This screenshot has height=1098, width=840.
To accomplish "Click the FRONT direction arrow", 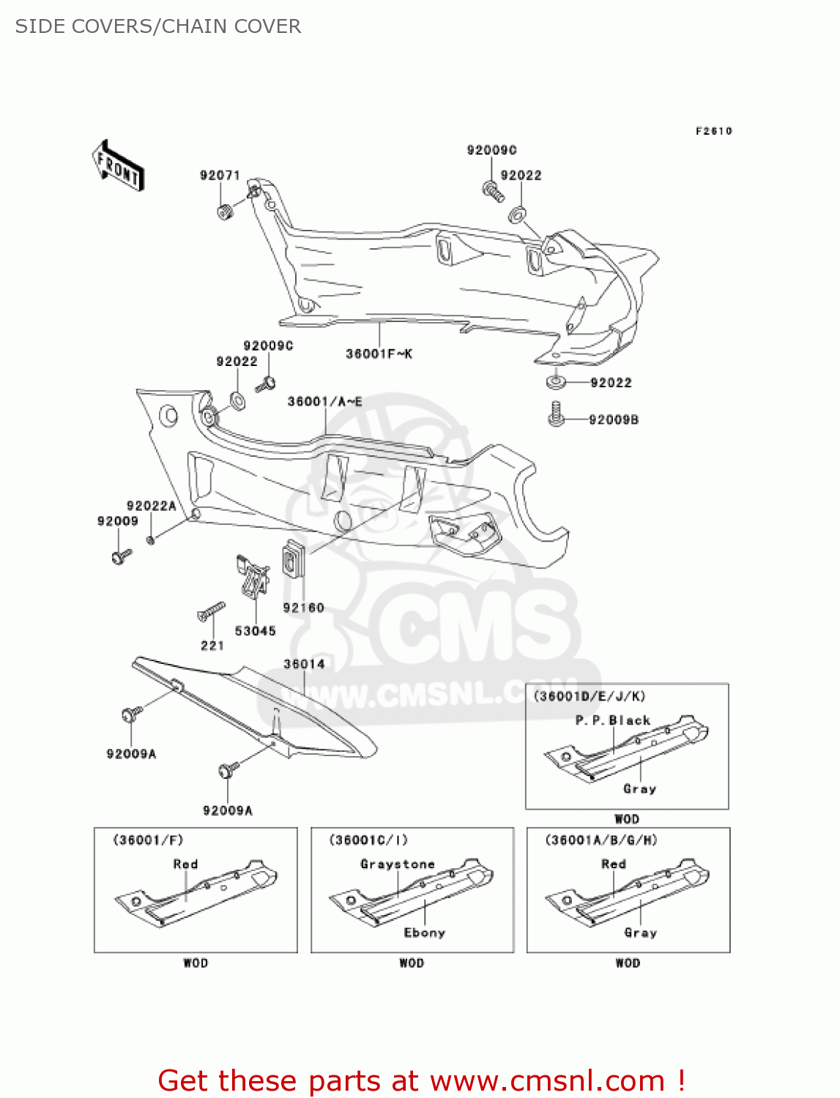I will (x=118, y=166).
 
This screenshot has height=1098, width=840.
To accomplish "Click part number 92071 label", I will (x=220, y=176).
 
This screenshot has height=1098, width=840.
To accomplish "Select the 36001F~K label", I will (x=379, y=354).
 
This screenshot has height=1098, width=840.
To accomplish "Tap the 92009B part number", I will (x=614, y=420).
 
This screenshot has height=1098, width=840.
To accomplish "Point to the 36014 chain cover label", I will (x=304, y=665).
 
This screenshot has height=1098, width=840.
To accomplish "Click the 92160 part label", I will (x=303, y=608).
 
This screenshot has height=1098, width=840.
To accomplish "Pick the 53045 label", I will (x=255, y=631).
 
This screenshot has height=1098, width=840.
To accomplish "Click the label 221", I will (x=212, y=646).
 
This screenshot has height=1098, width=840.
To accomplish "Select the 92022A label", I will (x=151, y=507).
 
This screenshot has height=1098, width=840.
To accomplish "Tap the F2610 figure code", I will (x=713, y=131).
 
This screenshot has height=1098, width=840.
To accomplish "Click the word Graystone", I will (x=398, y=864).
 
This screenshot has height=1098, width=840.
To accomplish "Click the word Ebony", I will (x=425, y=933).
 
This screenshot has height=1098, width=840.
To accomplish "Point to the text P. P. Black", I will (x=613, y=720).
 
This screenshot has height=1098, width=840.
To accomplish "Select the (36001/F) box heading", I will (x=148, y=840).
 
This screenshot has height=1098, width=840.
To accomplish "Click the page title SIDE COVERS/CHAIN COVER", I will (x=158, y=26).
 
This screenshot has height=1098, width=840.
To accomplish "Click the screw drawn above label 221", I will (x=211, y=611).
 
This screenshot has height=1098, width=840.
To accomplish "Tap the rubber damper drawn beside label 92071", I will (x=224, y=212).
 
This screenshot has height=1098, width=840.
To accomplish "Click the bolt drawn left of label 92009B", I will (x=556, y=414).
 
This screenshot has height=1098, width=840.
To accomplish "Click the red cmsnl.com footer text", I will (x=421, y=1080).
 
